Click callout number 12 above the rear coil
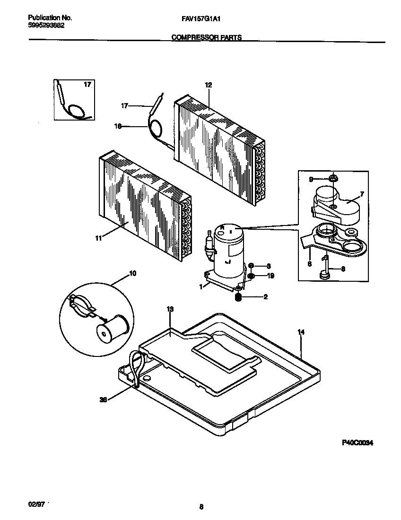(208, 85)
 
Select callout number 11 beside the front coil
(98, 239)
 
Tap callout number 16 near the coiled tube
(118, 126)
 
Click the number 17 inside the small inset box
(87, 85)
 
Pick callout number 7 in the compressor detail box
(362, 194)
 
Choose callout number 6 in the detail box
(309, 264)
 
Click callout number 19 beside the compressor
(270, 276)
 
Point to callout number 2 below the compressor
(266, 297)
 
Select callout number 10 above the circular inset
(132, 274)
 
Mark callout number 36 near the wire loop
(103, 399)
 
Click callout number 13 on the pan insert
(170, 309)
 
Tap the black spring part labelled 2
(239, 297)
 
